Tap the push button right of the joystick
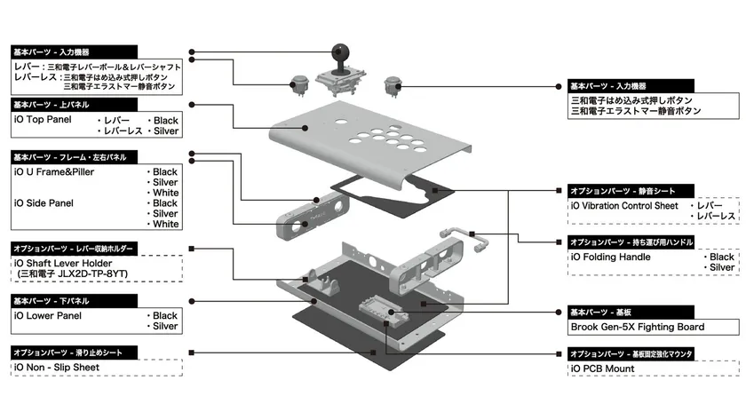(392, 85)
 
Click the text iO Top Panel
(43, 119)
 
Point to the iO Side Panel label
(44, 203)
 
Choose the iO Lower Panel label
(48, 315)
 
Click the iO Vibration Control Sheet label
(624, 206)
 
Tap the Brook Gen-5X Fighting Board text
(637, 327)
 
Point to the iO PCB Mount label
(603, 367)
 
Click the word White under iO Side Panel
(166, 225)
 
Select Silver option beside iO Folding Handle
(722, 267)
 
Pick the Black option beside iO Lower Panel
(165, 315)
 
